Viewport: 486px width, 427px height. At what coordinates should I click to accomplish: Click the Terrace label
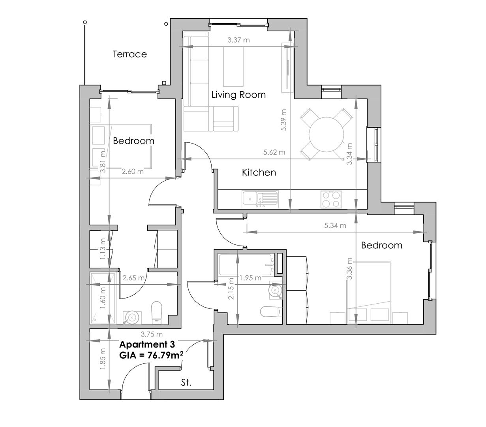[x=129, y=54]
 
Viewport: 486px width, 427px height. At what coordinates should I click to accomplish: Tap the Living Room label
[x=238, y=95]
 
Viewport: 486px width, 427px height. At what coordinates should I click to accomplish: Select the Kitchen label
[x=259, y=172]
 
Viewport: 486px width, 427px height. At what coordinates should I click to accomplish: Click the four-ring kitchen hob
[x=331, y=199]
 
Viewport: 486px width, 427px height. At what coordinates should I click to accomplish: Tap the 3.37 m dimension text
[x=238, y=40]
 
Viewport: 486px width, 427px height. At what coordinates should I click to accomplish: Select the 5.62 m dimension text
[x=274, y=152]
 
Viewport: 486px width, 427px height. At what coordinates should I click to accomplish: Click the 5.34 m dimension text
[x=335, y=226]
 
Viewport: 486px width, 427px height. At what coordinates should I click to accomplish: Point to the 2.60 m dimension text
[x=132, y=172]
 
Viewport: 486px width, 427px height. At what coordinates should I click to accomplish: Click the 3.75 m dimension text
[x=152, y=334]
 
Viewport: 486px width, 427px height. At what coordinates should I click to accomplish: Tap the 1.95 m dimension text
[x=250, y=278]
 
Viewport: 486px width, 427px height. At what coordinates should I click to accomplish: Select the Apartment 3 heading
[x=147, y=344]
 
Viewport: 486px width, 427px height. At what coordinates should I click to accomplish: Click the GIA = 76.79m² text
[x=151, y=355]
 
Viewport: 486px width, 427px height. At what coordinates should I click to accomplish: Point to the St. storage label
[x=186, y=383]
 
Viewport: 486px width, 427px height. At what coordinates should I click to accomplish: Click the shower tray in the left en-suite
[x=100, y=298]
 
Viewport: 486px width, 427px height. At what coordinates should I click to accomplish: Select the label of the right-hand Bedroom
[x=381, y=246]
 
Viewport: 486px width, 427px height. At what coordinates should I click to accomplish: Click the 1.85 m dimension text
[x=103, y=359]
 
